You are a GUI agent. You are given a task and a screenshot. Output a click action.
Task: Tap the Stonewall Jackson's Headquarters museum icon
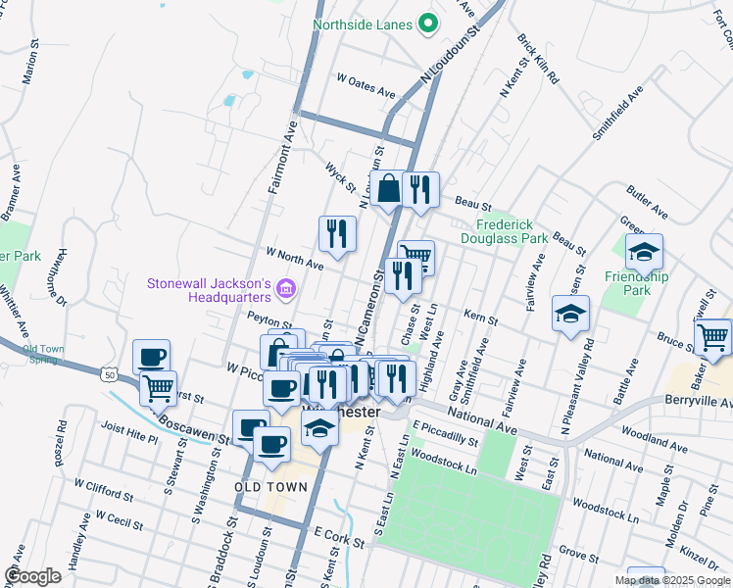pyautogui.click(x=286, y=288)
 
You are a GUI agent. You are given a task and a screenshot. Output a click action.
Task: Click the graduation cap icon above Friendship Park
pyautogui.click(x=644, y=252)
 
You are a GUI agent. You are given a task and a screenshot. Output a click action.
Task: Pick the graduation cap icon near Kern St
pyautogui.click(x=570, y=315)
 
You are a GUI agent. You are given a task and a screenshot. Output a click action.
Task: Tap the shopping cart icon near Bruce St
pyautogui.click(x=711, y=337)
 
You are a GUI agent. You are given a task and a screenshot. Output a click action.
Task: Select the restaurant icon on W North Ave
pyautogui.click(x=336, y=234)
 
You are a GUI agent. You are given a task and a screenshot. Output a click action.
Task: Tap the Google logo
pyautogui.click(x=32, y=576)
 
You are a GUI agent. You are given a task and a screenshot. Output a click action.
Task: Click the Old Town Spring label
pyautogui.click(x=44, y=354)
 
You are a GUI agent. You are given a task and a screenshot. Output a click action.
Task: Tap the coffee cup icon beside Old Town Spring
pyautogui.click(x=151, y=357)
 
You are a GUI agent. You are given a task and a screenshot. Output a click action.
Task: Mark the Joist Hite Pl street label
pyautogui.click(x=128, y=434)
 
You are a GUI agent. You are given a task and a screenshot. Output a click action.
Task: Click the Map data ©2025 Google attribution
pyautogui.click(x=671, y=580)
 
